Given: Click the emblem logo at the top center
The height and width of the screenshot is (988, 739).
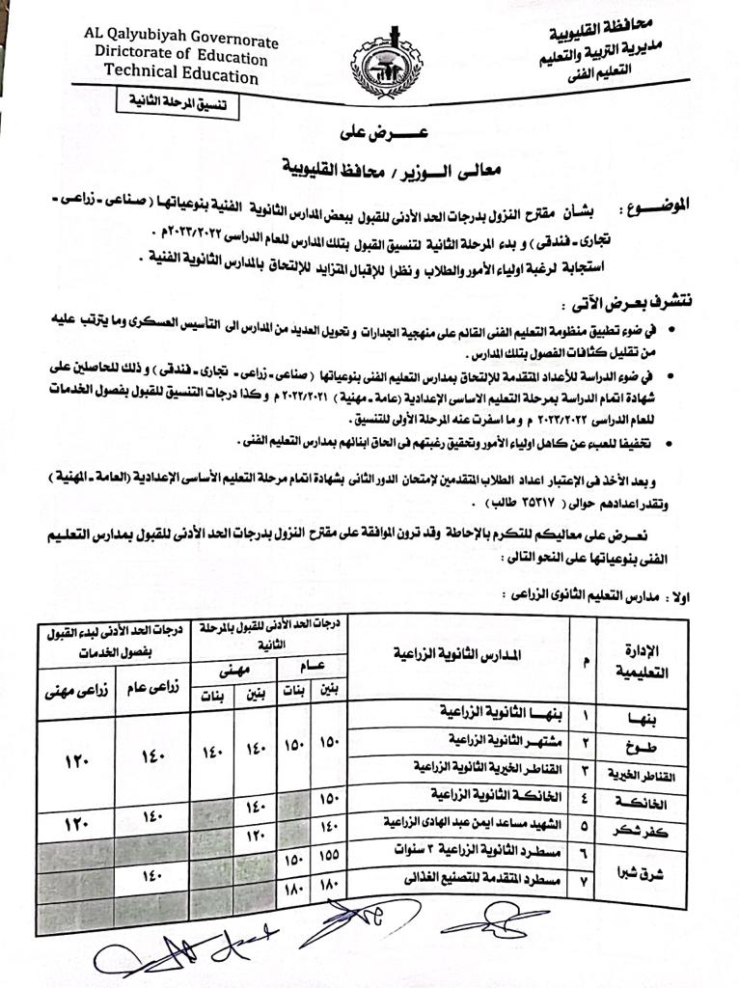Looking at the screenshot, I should [x=386, y=64].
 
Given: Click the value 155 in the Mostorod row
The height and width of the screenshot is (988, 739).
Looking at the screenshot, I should [x=330, y=854].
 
